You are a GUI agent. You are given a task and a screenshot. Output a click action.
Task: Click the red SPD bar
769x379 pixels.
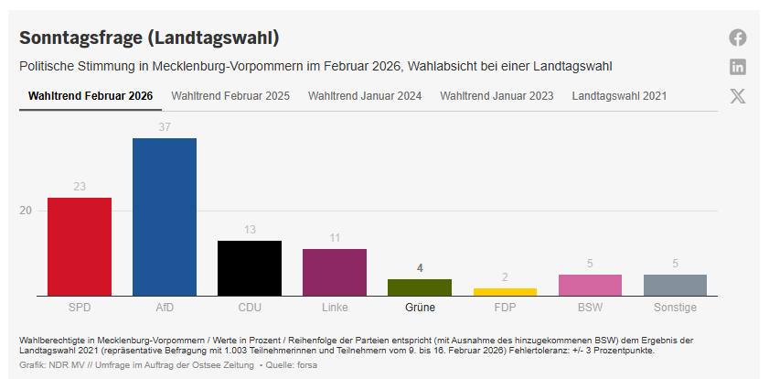click(x=80, y=246)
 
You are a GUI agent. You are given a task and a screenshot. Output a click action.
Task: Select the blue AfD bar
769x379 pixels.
click(x=165, y=217)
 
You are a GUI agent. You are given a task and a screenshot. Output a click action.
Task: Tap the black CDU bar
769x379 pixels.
click(x=250, y=268)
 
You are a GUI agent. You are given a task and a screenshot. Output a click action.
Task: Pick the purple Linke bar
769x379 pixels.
click(x=335, y=272)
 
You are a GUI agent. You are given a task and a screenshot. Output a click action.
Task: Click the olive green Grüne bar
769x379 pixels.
click(x=420, y=287)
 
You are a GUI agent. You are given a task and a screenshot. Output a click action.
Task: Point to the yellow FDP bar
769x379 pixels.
click(x=505, y=292)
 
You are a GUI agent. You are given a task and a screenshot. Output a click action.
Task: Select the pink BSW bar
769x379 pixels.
click(x=590, y=285)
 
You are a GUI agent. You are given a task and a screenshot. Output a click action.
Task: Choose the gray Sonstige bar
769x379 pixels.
click(x=675, y=285)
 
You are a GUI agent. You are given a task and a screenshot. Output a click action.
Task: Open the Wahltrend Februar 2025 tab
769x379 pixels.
click(x=230, y=95)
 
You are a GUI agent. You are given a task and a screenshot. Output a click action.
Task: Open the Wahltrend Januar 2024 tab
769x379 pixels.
click(x=365, y=95)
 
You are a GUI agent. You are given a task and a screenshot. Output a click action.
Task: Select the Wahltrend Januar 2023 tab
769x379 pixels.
click(x=497, y=95)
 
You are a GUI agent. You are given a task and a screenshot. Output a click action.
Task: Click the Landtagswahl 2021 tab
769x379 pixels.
click(x=619, y=95)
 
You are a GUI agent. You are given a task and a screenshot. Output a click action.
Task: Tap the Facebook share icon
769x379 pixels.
click(x=738, y=38)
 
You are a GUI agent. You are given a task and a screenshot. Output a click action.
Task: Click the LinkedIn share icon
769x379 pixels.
click(x=738, y=67)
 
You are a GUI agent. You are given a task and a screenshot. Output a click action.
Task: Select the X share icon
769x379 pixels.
click(x=738, y=96)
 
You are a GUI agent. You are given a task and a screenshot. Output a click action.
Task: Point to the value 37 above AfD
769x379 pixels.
click(x=165, y=127)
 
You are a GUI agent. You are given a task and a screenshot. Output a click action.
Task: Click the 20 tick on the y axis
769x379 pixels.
click(x=26, y=211)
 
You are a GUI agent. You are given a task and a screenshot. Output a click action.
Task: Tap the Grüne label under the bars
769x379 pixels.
click(x=420, y=308)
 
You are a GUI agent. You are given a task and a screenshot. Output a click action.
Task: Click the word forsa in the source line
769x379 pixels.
click(x=306, y=365)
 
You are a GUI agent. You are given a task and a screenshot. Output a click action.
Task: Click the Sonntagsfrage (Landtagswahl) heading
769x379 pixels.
click(x=149, y=38)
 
